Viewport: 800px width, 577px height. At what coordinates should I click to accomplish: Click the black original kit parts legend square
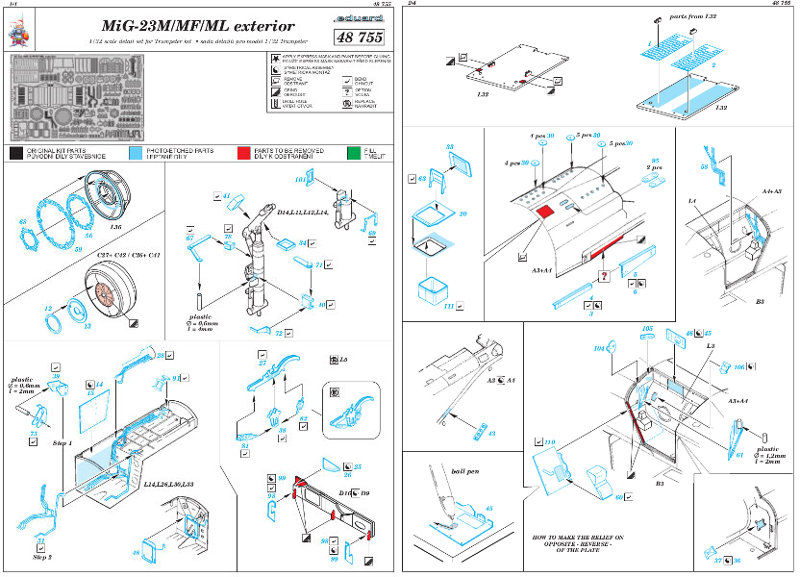click(x=17, y=153)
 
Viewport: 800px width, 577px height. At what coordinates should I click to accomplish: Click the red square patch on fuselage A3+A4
click(x=545, y=211)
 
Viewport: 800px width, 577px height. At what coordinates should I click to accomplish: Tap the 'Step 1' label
click(x=63, y=441)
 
